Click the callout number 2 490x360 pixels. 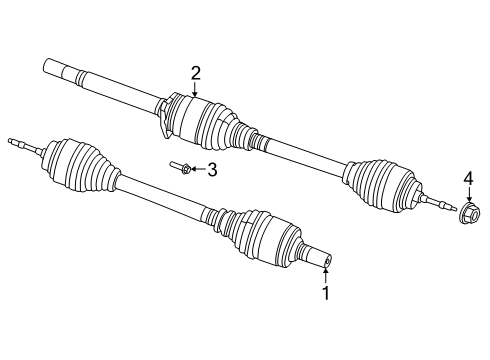pyautogui.click(x=196, y=71)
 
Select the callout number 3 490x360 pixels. pyautogui.click(x=212, y=170)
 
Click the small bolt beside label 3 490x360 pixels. pyautogui.click(x=181, y=169)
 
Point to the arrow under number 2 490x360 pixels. pyautogui.click(x=196, y=89)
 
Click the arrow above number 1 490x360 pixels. pyautogui.click(x=324, y=274)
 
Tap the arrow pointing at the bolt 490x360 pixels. pyautogui.click(x=197, y=170)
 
